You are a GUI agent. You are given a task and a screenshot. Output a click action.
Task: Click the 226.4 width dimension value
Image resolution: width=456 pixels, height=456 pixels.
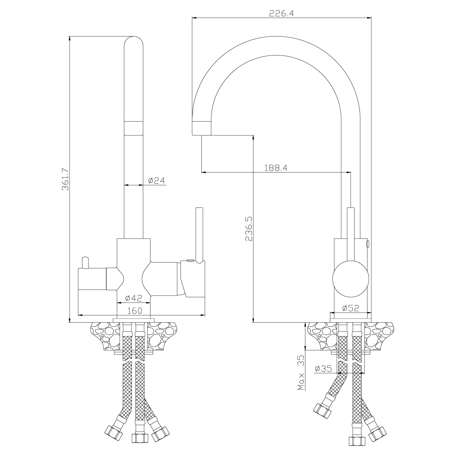(x=281, y=13)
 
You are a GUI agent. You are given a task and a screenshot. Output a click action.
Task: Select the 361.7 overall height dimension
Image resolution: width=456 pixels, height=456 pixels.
(x=65, y=179)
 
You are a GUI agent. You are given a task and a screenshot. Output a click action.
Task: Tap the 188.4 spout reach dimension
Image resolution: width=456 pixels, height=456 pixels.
(x=275, y=168)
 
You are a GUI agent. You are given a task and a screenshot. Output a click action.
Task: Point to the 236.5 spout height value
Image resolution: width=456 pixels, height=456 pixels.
(x=249, y=229)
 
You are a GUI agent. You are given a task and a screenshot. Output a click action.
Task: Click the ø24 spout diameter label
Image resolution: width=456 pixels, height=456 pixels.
(x=157, y=180)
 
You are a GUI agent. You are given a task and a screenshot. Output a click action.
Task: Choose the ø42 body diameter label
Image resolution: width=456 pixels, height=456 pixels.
(x=133, y=298)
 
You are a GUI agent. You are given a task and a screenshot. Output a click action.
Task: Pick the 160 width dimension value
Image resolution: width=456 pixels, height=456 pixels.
(x=135, y=310)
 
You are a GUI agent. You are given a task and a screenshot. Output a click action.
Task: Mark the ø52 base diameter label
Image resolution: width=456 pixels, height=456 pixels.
(x=350, y=308)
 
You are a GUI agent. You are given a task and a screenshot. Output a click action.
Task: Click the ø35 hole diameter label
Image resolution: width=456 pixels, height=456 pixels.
(x=323, y=368)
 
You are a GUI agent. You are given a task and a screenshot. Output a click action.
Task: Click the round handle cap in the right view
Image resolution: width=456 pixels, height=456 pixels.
(x=350, y=279)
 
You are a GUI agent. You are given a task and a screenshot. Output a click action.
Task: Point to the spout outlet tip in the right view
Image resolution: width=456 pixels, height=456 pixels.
(x=201, y=128)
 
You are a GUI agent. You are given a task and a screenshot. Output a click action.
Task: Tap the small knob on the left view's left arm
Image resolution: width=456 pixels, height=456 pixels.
(x=85, y=263)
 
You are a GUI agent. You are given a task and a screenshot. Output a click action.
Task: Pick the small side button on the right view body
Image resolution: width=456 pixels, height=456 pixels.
(x=368, y=244)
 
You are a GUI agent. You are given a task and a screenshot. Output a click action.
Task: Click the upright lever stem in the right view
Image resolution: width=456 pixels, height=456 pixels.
(x=350, y=234)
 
